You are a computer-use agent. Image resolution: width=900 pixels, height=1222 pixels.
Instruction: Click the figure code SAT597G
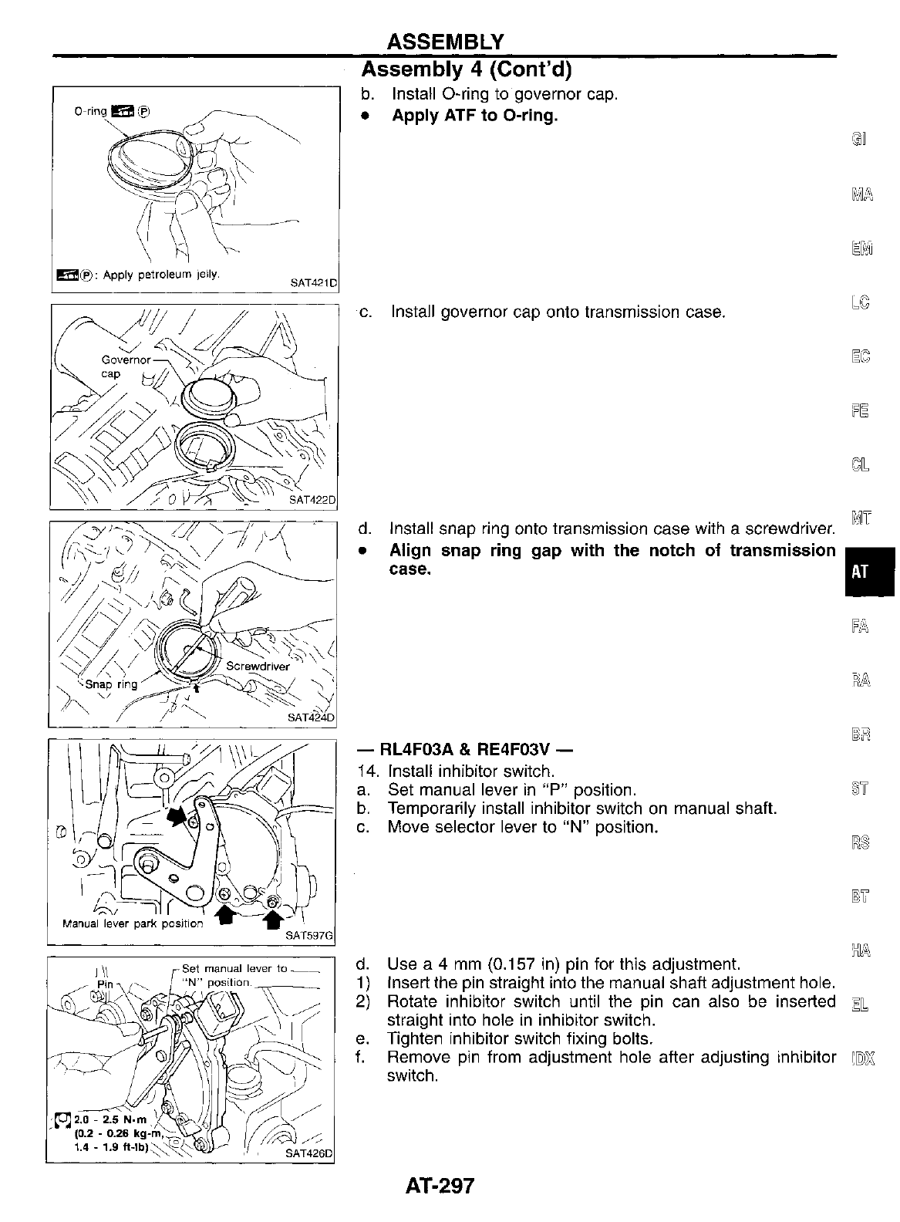pos(309,936)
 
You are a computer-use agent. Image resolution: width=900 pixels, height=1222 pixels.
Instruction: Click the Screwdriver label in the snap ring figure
pos(258,666)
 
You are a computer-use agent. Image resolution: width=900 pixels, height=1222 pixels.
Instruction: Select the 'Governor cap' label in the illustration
pos(123,366)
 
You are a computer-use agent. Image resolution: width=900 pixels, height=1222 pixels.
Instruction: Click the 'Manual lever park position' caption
pos(132,923)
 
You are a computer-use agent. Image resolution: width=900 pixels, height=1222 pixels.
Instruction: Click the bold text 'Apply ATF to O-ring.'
pos(474,116)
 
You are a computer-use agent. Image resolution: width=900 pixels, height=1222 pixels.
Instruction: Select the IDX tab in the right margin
pos(861,1057)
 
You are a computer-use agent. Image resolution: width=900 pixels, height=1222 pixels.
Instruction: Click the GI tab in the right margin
pos(859,139)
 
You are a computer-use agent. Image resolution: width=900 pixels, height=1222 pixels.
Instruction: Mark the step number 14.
pos(369,771)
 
